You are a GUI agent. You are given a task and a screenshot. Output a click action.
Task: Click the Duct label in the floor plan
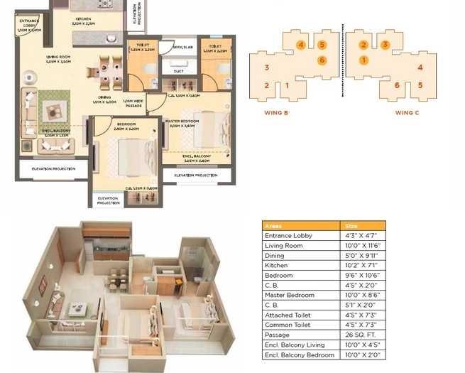178,71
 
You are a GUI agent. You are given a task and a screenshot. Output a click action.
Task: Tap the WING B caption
275,112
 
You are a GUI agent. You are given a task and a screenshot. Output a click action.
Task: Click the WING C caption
407,112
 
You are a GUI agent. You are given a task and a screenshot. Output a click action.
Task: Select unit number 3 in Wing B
266,68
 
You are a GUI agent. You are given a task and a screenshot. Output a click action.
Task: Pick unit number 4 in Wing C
420,68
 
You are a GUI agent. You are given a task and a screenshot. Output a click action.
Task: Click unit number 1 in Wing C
363,60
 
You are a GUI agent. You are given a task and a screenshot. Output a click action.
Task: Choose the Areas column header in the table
273,226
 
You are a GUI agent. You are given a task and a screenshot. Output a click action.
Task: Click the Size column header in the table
352,226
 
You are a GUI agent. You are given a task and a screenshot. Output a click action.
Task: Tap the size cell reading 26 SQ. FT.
361,334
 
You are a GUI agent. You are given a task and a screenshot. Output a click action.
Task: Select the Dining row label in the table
274,255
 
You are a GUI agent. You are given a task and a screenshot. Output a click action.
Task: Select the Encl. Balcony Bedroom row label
299,354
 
